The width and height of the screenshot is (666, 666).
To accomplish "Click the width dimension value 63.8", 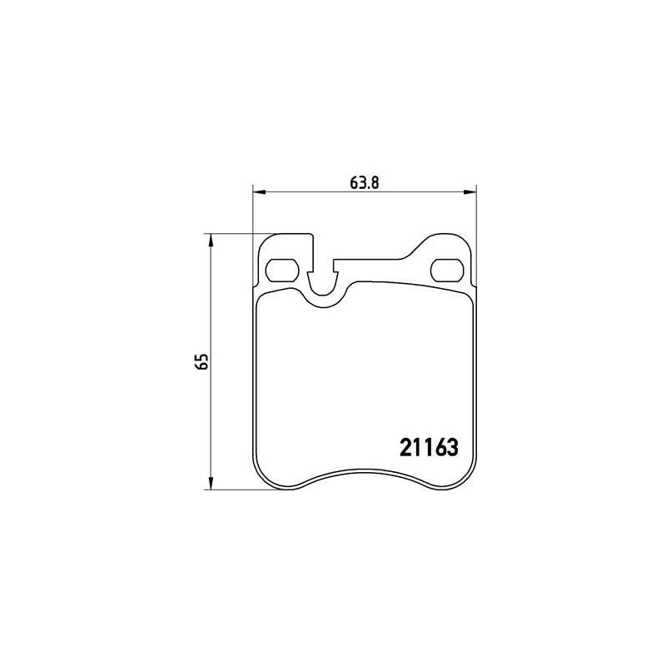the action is click(364, 182).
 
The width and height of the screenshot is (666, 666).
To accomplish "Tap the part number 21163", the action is click(430, 447).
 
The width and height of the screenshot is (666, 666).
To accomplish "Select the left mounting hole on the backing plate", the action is click(282, 270).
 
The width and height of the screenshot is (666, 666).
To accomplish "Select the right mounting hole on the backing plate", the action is click(447, 270).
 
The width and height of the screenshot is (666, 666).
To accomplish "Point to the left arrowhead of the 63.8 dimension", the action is click(259, 193).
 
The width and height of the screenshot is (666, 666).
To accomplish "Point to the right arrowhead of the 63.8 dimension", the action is click(470, 193).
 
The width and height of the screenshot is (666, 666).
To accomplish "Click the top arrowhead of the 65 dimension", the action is click(211, 240).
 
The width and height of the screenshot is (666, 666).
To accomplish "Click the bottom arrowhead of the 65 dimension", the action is click(211, 484).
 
